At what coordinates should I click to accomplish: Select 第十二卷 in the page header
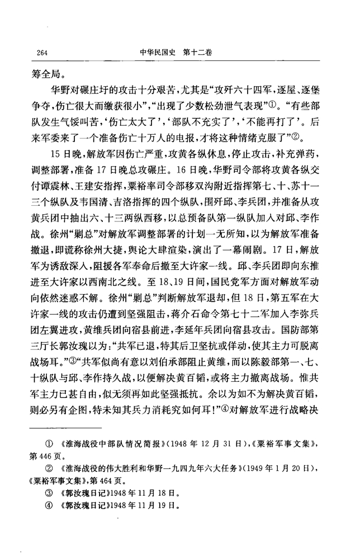click(199, 52)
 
